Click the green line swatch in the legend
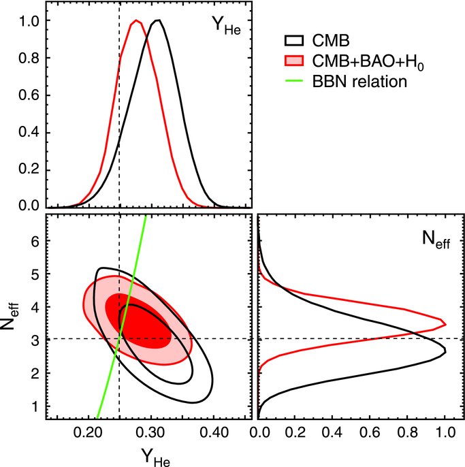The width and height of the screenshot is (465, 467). click(293, 82)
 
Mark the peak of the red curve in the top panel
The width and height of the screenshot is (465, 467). click(136, 20)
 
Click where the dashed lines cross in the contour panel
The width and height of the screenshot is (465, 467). click(119, 338)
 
